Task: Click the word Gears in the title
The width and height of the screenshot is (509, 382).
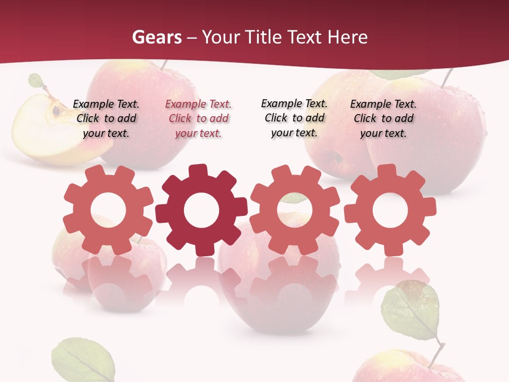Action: tap(156, 37)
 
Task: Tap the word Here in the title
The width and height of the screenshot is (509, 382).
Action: tap(348, 37)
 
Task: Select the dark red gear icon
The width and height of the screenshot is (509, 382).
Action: tap(201, 210)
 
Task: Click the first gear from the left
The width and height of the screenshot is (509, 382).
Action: tap(108, 210)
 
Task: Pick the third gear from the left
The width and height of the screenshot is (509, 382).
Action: tap(294, 210)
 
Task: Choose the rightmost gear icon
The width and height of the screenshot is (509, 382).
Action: tap(390, 210)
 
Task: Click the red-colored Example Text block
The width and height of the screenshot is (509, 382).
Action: tap(198, 118)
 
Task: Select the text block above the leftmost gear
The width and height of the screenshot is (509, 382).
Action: tap(106, 118)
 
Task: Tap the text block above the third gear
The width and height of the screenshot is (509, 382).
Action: tap(294, 118)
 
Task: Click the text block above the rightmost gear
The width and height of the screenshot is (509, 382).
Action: tap(383, 118)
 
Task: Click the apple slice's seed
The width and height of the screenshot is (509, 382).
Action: tap(56, 110)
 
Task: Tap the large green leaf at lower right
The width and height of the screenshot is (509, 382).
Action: tap(410, 310)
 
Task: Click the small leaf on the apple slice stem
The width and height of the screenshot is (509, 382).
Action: tap(36, 81)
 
